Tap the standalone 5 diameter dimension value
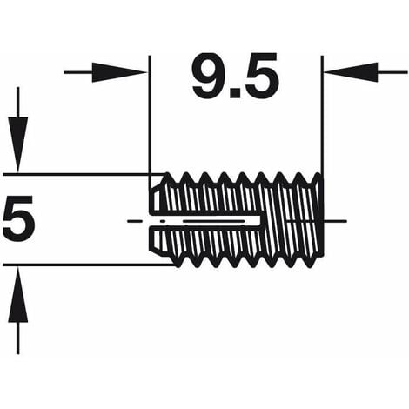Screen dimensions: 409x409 18,219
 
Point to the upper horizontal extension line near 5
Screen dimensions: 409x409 78,173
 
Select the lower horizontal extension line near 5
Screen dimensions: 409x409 78,265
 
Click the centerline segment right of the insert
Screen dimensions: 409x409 335,220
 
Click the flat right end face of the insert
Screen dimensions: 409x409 320,218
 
